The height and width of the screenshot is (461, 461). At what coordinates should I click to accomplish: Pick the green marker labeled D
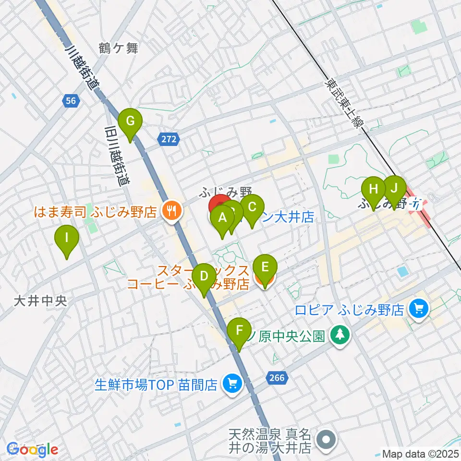(204, 278)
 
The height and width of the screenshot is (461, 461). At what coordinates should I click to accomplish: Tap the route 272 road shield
(169, 139)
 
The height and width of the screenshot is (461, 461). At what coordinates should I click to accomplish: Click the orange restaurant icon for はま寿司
(170, 210)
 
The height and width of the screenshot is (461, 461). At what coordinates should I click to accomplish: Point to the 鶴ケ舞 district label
(119, 48)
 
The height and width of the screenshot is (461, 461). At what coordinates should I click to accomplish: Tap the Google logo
(33, 450)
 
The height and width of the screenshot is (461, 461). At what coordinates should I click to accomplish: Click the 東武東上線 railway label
(344, 103)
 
